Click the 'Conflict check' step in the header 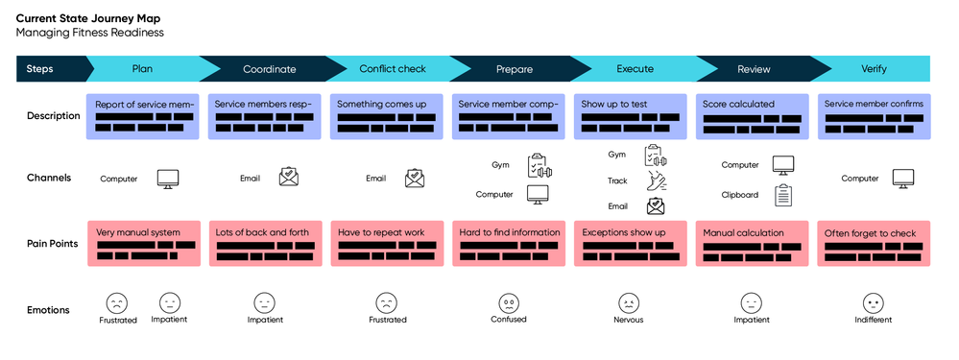[x=392, y=69]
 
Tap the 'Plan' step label [x=142, y=69]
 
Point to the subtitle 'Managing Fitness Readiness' [x=89, y=33]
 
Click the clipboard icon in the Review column [x=784, y=195]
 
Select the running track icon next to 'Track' [x=657, y=180]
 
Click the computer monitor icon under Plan [x=168, y=179]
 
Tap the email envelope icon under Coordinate [x=289, y=178]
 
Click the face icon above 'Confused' [x=509, y=301]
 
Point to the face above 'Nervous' [x=629, y=301]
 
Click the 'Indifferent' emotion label [x=873, y=320]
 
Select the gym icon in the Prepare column [x=538, y=165]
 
